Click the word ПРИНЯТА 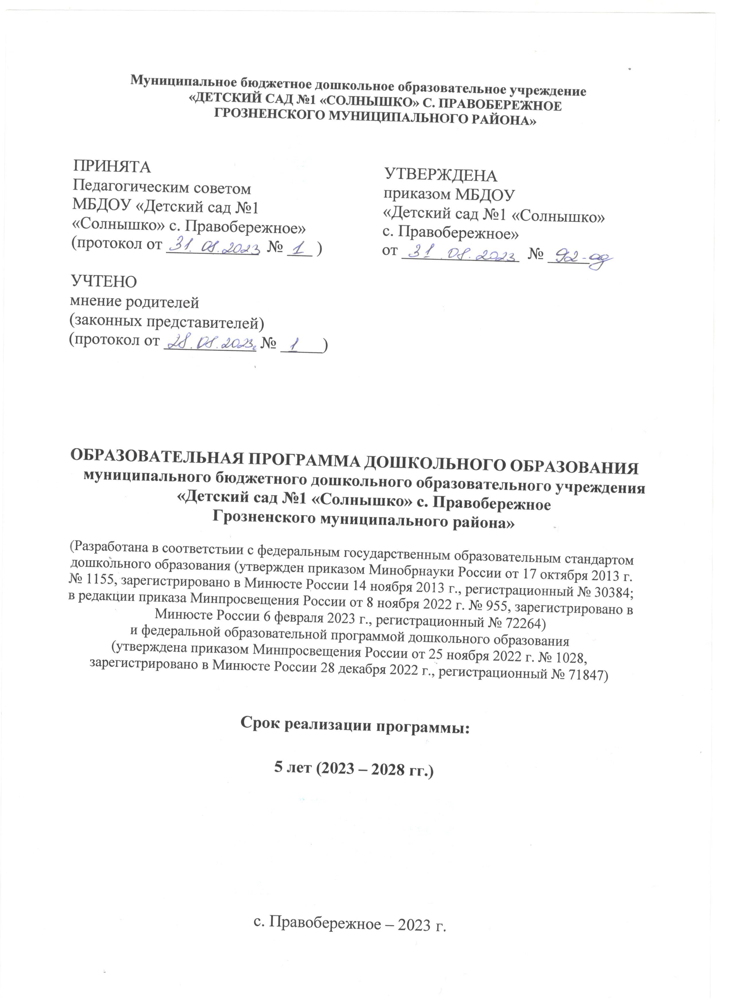pos(112,167)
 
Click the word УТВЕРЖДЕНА pos(441,176)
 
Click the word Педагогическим pos(128,188)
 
